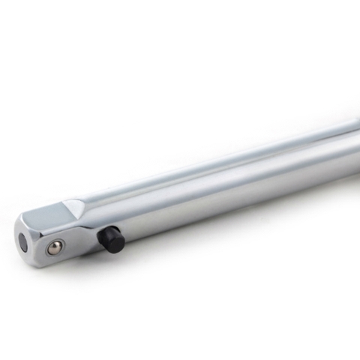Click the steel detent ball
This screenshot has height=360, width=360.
point(54,247)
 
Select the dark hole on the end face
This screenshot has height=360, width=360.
point(24,242)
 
